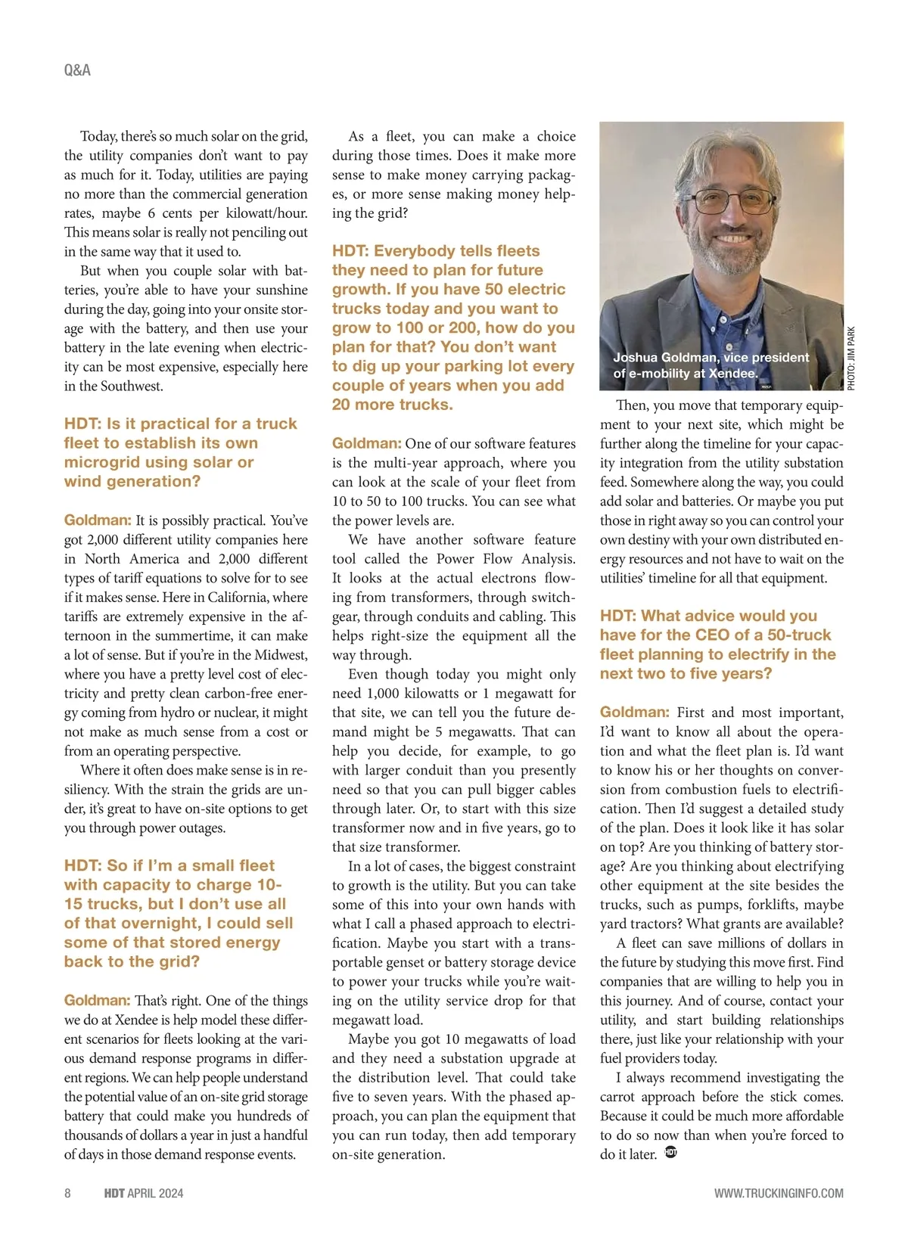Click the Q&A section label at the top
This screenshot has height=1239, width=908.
coord(77,70)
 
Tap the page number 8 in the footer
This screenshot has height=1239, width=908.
coord(67,1193)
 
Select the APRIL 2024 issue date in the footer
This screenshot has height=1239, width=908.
coord(155,1193)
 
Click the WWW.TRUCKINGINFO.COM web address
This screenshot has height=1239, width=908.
coord(779,1193)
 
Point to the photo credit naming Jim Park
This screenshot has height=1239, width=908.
coord(850,359)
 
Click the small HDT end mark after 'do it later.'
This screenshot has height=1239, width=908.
coord(670,1153)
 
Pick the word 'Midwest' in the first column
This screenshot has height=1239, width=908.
coord(281,655)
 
